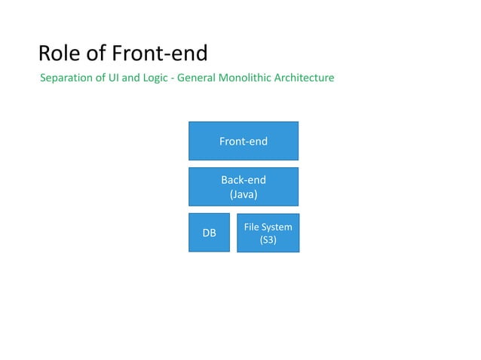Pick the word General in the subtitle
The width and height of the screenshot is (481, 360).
(x=199, y=78)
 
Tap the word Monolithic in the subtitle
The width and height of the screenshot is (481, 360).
(x=248, y=78)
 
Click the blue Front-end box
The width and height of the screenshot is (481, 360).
(x=243, y=141)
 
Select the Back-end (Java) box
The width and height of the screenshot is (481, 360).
(x=243, y=187)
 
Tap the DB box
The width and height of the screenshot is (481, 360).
(x=209, y=233)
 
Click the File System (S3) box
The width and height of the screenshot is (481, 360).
(x=268, y=233)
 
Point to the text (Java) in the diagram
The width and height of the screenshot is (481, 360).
(x=243, y=194)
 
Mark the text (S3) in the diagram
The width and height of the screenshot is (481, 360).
(x=268, y=240)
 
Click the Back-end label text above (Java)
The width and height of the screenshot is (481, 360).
(x=243, y=180)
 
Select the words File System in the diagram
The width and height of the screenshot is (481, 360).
(x=268, y=227)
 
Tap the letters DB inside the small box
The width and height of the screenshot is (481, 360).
(x=209, y=233)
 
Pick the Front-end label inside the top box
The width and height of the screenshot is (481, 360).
(x=243, y=141)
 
